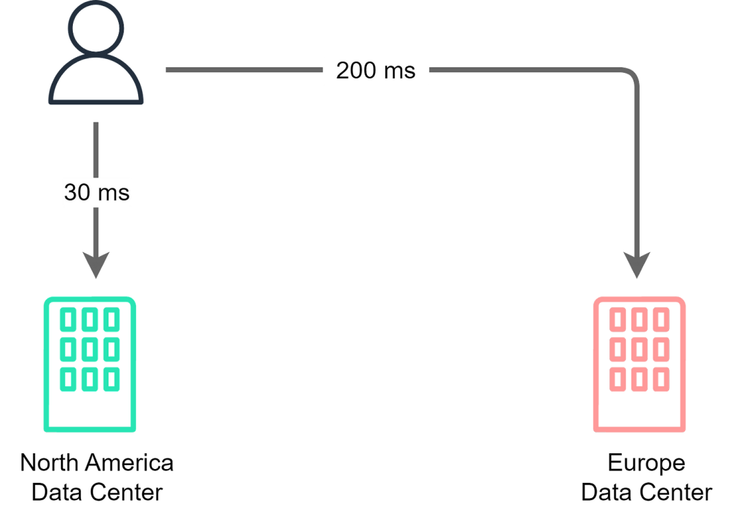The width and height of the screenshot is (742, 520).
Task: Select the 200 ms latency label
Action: [376, 71]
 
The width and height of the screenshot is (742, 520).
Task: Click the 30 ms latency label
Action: [97, 192]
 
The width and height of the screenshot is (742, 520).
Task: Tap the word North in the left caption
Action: [49, 462]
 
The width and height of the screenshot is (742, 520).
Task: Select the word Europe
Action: [647, 463]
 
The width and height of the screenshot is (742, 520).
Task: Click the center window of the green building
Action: [90, 350]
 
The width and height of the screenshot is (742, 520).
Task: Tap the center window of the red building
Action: [640, 350]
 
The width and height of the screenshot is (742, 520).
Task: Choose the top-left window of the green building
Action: [68, 320]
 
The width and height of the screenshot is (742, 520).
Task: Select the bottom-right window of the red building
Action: [661, 379]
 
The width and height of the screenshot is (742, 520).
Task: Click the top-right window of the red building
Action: [661, 320]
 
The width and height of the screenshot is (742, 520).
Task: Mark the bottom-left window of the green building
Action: [68, 379]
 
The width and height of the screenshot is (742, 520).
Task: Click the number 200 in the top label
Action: [357, 71]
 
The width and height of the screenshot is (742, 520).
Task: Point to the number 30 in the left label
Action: [77, 192]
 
